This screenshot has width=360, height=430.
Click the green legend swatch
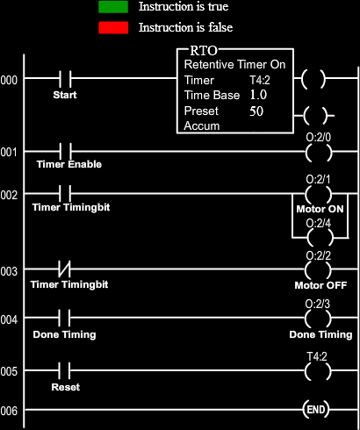113,7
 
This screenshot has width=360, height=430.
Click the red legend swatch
113,28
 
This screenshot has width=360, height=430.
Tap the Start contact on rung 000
65,78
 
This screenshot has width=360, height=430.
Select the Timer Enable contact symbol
66,151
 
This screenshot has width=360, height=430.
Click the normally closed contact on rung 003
65,269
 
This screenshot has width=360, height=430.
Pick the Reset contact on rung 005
64,370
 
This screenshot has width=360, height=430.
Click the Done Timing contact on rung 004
64,318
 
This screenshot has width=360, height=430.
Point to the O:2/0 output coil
319,153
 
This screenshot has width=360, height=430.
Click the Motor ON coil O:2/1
319,194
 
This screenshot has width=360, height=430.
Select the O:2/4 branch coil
320,238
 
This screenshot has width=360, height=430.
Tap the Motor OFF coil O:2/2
318,270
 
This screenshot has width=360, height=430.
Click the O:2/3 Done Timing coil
318,319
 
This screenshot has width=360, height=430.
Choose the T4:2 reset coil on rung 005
318,371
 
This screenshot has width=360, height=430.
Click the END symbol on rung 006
316,410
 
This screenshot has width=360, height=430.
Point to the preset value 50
256,111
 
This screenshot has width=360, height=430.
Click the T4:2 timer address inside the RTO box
260,80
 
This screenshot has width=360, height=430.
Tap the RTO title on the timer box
204,51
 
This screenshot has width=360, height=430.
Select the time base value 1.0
258,95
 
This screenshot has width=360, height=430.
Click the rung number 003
9,271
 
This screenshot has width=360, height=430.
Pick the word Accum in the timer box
202,125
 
